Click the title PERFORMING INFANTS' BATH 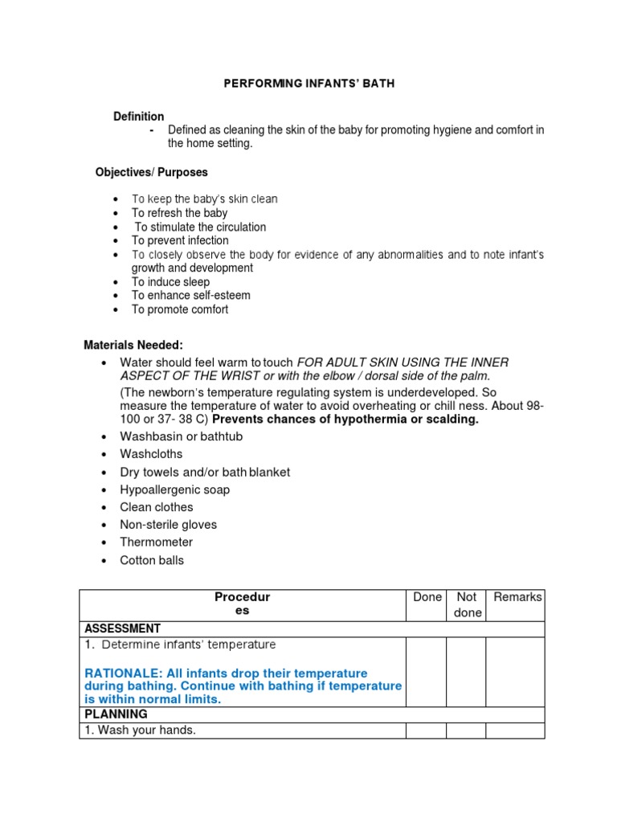coord(308,84)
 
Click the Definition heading coord(138,117)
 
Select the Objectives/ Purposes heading coord(151,172)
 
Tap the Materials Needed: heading coord(133,345)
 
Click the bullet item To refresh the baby coord(179,213)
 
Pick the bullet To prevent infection coord(180,240)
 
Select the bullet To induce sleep coord(170,282)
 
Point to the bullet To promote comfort coord(180,309)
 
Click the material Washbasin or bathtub coord(181,436)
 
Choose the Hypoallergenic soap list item coord(174,489)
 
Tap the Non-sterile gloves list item coord(168,525)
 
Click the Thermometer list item coord(156,543)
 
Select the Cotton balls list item coord(151,560)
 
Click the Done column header coord(427,597)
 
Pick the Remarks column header coord(517,597)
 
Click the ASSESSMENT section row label coord(122,629)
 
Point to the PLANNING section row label coord(116,714)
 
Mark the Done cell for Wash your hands coord(426,731)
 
